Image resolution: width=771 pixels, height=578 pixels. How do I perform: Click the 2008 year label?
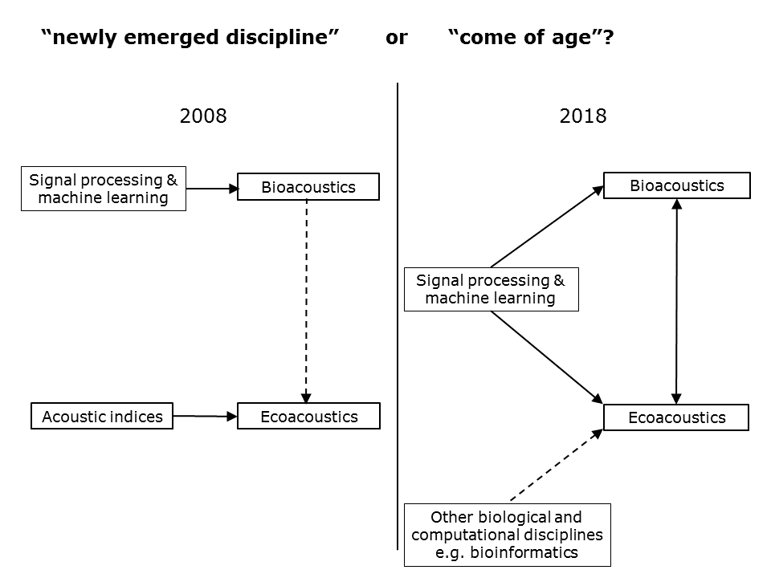203,116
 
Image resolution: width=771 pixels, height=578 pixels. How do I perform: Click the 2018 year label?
583,116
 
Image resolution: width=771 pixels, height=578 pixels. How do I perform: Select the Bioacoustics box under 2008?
308,187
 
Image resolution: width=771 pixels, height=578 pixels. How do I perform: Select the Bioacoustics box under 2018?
677,185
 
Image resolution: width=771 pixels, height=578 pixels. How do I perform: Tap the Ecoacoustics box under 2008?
308,417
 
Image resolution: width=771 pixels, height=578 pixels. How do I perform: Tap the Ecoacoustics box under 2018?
676,417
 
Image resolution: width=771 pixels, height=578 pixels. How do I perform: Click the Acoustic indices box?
102,417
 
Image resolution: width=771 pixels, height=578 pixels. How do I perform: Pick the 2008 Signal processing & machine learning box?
104,189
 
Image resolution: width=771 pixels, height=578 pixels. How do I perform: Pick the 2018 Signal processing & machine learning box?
492,290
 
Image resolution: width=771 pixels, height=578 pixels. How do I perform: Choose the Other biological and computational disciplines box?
508,535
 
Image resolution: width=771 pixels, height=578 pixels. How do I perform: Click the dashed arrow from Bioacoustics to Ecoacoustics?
306,301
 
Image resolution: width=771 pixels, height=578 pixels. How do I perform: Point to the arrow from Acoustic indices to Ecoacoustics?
205,417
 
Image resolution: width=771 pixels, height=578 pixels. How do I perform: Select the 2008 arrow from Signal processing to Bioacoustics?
212,188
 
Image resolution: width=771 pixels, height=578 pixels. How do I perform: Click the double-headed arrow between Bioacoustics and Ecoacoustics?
676,301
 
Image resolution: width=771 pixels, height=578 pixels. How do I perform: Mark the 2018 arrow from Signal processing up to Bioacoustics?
547,226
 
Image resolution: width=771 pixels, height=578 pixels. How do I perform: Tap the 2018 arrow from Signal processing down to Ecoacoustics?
547,357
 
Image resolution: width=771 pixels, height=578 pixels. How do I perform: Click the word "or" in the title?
396,38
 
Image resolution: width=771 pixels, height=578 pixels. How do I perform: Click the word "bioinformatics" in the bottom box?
524,552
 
